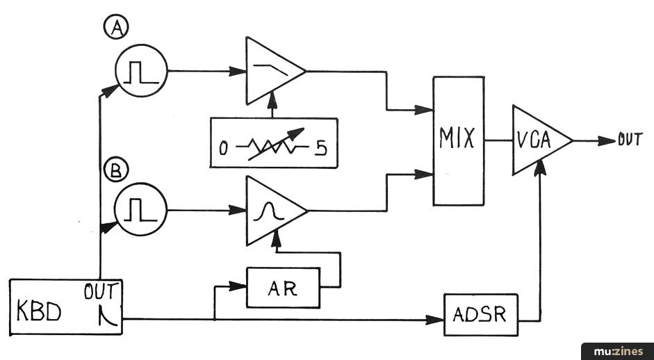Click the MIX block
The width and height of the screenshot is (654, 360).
coord(458,140)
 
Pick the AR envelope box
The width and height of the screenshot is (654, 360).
coord(283,288)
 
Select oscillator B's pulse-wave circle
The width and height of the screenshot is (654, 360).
coord(142,208)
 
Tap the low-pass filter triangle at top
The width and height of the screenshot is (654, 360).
coord(271,70)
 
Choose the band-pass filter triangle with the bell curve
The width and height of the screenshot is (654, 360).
coord(272,210)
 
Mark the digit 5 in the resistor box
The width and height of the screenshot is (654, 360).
coord(321,148)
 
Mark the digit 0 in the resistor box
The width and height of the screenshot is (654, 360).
coord(224,148)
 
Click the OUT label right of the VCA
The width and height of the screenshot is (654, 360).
coord(630,140)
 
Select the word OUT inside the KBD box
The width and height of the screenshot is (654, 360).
coord(102,291)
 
